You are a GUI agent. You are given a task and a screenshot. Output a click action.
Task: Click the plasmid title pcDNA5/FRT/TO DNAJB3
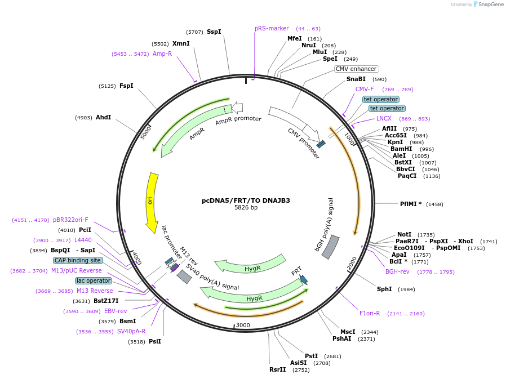pos(246,200)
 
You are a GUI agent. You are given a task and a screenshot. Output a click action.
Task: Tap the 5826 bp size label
pos(246,208)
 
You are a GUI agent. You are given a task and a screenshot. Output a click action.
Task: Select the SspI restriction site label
pos(214,32)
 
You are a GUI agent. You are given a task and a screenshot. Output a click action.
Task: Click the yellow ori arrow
pos(152,202)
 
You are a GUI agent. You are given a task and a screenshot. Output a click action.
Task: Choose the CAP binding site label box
pos(78,260)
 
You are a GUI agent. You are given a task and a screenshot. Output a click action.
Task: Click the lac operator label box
pos(93,280)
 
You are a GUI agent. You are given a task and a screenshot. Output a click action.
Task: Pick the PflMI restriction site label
pos(410,204)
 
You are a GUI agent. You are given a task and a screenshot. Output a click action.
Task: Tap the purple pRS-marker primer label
pos(272,28)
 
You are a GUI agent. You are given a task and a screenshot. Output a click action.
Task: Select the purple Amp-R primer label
pos(162,54)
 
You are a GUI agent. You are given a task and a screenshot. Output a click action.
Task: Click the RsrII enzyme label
pos(278,370)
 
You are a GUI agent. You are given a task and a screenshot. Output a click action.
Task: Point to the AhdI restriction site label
pos(103,117)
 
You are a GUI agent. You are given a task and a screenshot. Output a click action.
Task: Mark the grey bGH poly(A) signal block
pos(330,247)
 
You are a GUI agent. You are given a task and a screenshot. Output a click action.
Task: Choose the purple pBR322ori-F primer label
pos(70,220)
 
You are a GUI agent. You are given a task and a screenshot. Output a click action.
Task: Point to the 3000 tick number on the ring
pos(243,326)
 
